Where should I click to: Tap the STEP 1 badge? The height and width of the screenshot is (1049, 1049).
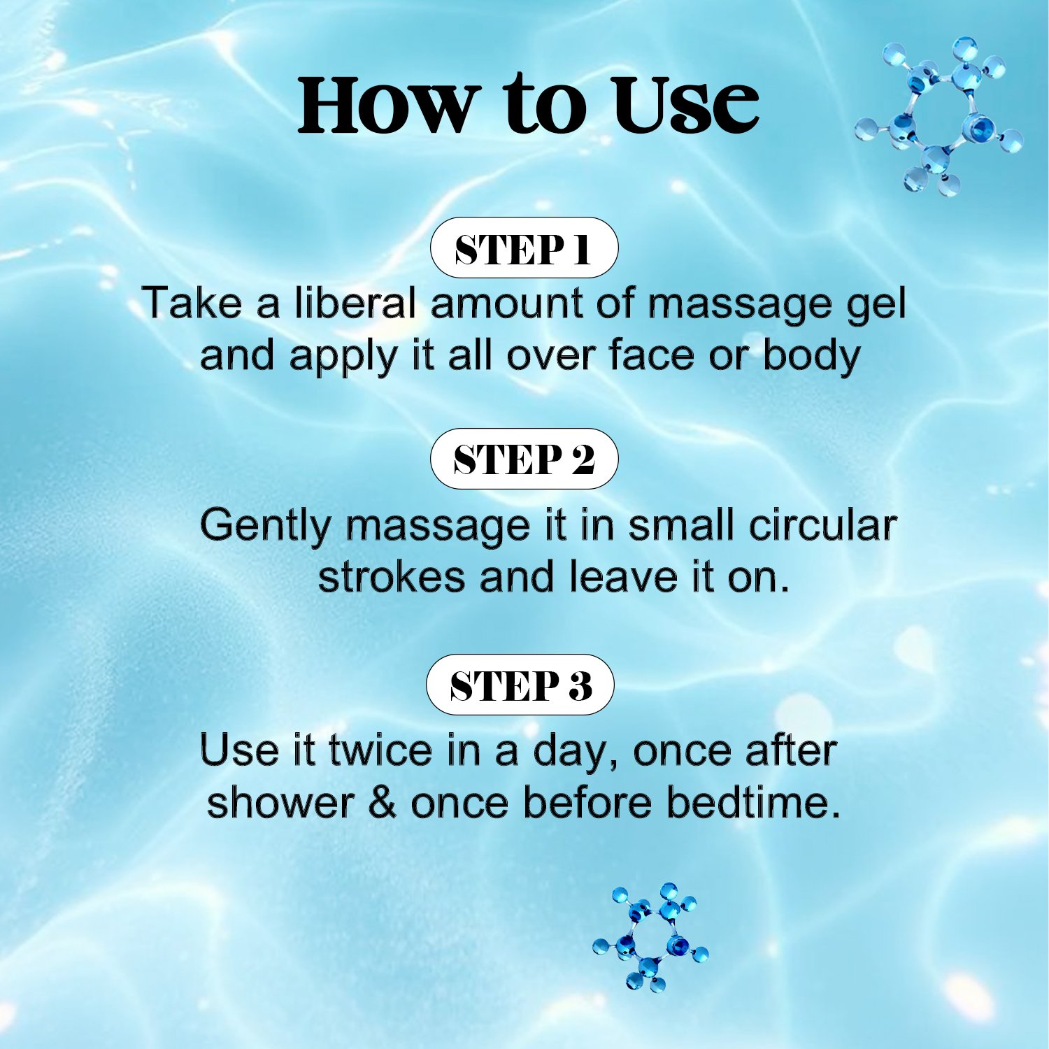coord(524,248)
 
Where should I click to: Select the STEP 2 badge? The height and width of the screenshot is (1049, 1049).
coord(524,459)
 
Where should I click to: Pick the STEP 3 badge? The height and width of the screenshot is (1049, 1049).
coord(520,685)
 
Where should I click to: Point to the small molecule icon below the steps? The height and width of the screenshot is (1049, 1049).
coord(650,936)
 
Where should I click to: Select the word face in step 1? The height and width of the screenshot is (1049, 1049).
coord(651,355)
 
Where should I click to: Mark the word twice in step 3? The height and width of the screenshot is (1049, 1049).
coord(381,750)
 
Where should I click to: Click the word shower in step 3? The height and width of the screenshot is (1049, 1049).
coord(280,802)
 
